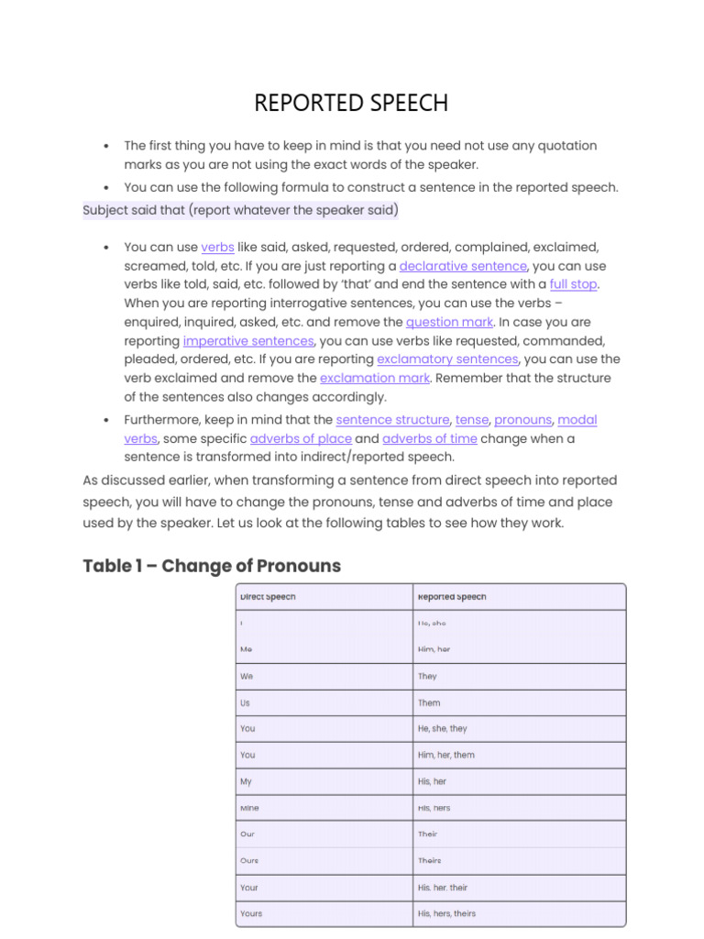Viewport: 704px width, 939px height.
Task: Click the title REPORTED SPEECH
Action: pyautogui.click(x=351, y=104)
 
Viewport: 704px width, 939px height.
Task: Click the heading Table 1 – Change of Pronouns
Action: pyautogui.click(x=212, y=566)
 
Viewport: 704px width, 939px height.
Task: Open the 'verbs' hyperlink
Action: pyautogui.click(x=217, y=248)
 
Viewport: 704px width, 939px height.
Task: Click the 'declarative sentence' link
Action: pyautogui.click(x=463, y=266)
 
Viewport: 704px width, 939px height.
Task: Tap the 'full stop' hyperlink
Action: pyautogui.click(x=573, y=284)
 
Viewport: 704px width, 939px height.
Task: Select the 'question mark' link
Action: pyautogui.click(x=450, y=322)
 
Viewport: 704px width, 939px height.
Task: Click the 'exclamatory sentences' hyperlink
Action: pyautogui.click(x=447, y=359)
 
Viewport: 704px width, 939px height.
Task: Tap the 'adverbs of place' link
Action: pyautogui.click(x=301, y=438)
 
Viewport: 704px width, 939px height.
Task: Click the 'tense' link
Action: pyautogui.click(x=472, y=420)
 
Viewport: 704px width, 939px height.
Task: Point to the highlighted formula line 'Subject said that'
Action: pyautogui.click(x=240, y=211)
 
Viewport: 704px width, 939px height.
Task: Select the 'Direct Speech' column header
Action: pyautogui.click(x=268, y=597)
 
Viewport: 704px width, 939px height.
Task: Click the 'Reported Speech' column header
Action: pyautogui.click(x=452, y=597)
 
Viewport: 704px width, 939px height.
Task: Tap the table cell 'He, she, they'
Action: pyautogui.click(x=442, y=729)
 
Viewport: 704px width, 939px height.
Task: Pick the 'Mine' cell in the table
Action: pyautogui.click(x=249, y=809)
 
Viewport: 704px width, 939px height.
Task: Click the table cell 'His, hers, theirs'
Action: pyautogui.click(x=446, y=913)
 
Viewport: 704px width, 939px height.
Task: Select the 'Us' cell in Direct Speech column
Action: pyautogui.click(x=245, y=703)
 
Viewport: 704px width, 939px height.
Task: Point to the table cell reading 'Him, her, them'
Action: pyautogui.click(x=445, y=756)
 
